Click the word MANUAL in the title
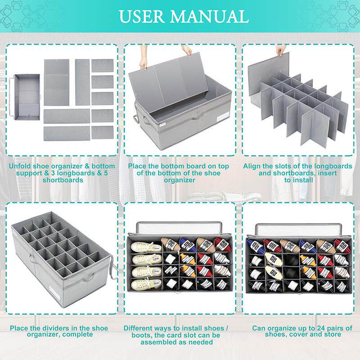[209, 16]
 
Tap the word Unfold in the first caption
[20, 166]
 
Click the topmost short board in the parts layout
[103, 65]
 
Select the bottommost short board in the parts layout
[103, 132]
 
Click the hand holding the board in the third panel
[281, 49]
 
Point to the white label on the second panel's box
[221, 118]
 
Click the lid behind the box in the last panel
[298, 229]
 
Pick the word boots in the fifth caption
[140, 335]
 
